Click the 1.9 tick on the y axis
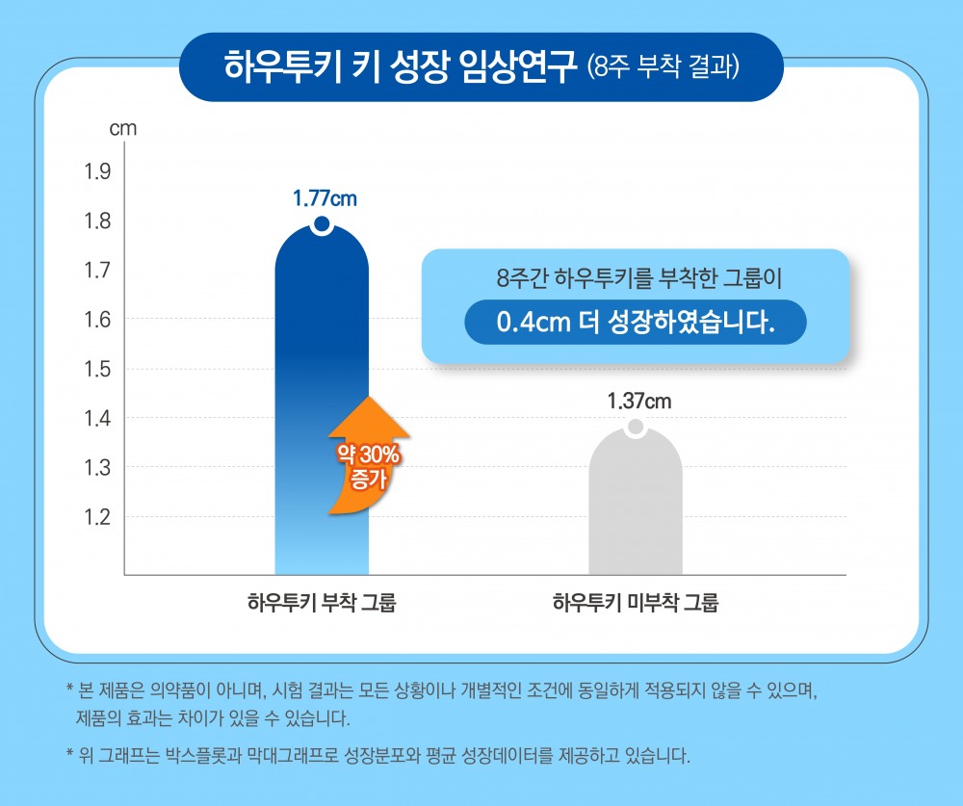(x=99, y=172)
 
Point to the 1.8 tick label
(x=99, y=221)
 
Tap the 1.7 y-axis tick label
(x=99, y=271)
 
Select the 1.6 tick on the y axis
(x=99, y=320)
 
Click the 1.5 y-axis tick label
(x=99, y=369)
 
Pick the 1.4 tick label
(x=99, y=418)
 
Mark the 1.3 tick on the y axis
(x=99, y=468)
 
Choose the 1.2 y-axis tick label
(x=99, y=517)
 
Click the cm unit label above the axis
(x=123, y=128)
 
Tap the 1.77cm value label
(x=325, y=199)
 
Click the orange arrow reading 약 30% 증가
(x=360, y=455)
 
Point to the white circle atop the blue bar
(x=322, y=225)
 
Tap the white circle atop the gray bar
(x=635, y=428)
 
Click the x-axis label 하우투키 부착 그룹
(x=322, y=605)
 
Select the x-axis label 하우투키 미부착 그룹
(x=635, y=605)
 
